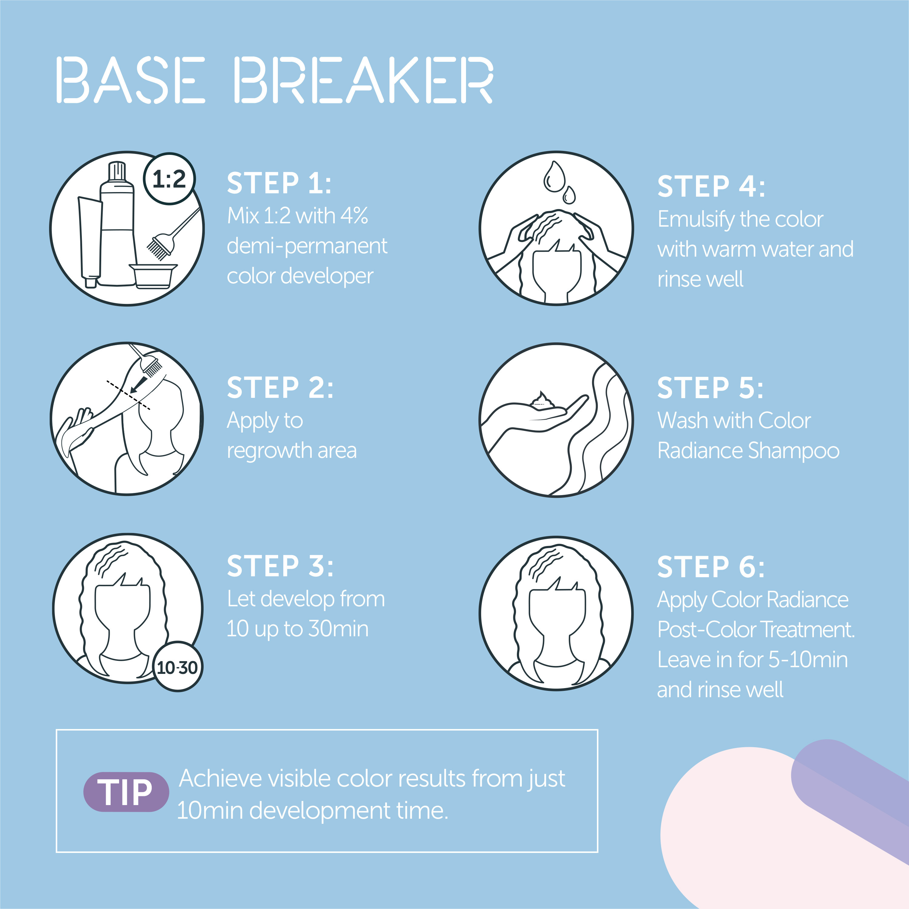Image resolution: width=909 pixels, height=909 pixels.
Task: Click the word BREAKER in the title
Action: pos(363,80)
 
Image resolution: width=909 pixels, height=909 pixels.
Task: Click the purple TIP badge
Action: pos(126,792)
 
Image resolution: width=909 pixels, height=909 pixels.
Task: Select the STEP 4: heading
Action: pos(711,186)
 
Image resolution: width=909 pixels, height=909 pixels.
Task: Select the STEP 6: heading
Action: pos(711,567)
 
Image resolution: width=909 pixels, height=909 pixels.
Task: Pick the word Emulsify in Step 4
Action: pos(696,219)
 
